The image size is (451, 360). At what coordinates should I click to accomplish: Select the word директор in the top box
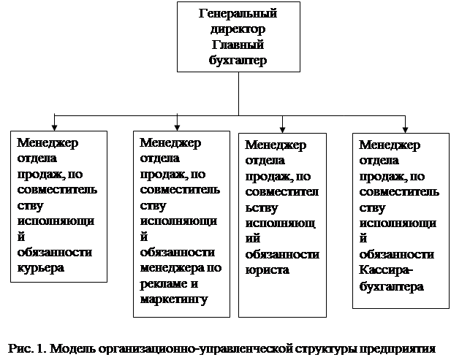coord(238,30)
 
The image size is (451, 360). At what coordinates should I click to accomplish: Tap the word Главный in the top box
coord(238,45)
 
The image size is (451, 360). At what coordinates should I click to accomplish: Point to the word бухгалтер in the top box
coord(238,61)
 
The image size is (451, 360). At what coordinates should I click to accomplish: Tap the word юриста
coord(268,270)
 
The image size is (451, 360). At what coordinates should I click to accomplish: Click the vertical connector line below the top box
coord(239,92)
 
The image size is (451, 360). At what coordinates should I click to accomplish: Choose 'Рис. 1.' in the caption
coord(29,345)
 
